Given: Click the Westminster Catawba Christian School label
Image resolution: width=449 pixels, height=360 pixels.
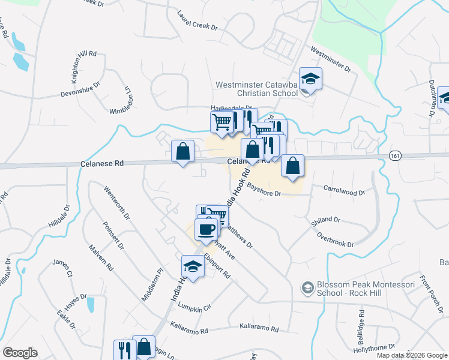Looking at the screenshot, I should click(x=258, y=89).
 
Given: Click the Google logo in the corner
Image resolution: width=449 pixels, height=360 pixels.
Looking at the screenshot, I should click(x=20, y=353).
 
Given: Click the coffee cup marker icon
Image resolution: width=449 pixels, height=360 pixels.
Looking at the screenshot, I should click(x=206, y=229).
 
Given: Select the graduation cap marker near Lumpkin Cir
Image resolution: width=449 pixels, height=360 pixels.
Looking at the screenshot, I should click(x=193, y=265).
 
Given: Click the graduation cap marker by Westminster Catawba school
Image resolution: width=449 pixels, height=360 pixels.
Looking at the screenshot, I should click(x=310, y=78).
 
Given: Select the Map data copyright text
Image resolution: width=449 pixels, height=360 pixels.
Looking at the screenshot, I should click(x=411, y=355).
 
